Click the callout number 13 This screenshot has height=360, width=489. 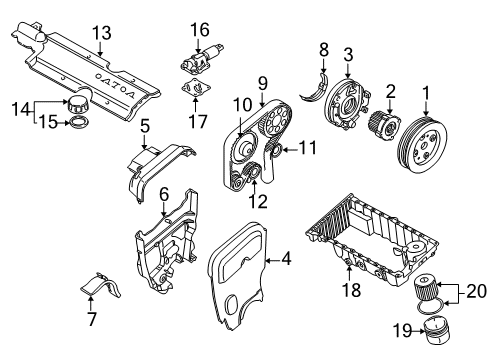(x=102, y=33)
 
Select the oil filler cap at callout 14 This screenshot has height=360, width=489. (x=78, y=103)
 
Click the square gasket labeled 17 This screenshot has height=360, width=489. (x=196, y=88)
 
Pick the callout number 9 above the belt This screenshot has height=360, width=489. (x=263, y=83)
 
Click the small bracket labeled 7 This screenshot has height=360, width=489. (x=102, y=286)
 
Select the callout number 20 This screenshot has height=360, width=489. (x=477, y=292)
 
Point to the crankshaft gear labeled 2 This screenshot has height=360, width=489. (x=383, y=125)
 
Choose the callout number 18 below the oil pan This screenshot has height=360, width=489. (x=351, y=290)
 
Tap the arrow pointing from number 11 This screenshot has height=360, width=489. (x=289, y=149)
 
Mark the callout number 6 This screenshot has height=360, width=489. (x=164, y=195)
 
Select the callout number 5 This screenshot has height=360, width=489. (x=145, y=126)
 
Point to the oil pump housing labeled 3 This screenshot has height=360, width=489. (x=347, y=103)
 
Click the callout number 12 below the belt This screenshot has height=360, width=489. (x=258, y=202)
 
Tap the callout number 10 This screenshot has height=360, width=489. (x=242, y=105)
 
